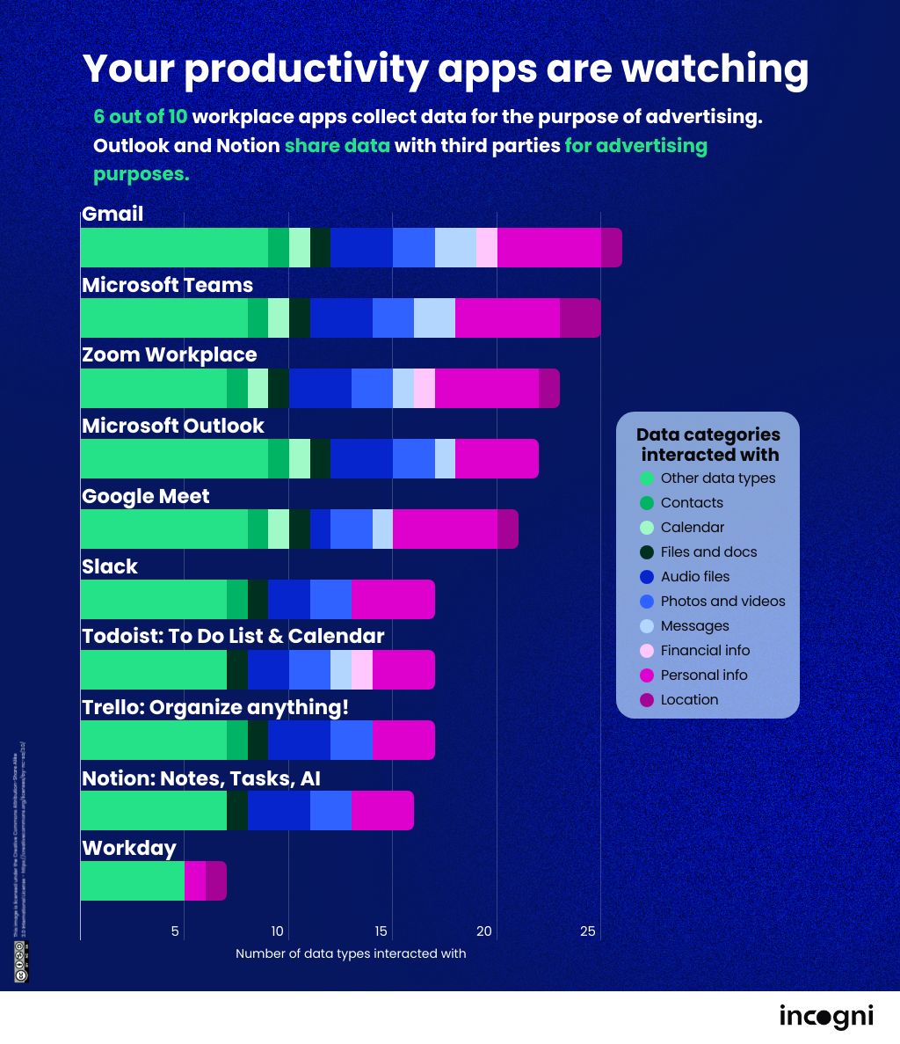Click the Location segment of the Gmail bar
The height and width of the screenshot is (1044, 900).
click(x=612, y=247)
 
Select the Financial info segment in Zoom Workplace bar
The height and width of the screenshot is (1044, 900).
click(x=425, y=388)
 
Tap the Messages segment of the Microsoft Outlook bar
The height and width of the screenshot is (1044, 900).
click(x=445, y=458)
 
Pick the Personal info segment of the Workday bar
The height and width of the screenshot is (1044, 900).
click(x=195, y=880)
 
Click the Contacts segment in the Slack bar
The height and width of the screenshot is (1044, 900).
click(x=237, y=599)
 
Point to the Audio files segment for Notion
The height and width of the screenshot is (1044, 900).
click(x=279, y=810)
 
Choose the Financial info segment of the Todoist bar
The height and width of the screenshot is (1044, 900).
click(x=362, y=669)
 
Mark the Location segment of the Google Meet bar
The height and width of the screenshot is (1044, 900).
click(x=508, y=529)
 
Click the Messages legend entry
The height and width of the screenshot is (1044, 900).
click(x=694, y=625)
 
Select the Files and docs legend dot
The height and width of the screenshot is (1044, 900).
click(x=648, y=552)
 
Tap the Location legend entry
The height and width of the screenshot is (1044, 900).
click(x=689, y=699)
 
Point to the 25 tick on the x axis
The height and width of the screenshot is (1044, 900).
click(x=588, y=931)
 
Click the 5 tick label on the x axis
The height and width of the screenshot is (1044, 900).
click(x=176, y=931)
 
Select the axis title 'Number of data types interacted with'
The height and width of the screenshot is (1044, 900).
click(x=351, y=953)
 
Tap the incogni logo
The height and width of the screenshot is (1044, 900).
click(x=826, y=1017)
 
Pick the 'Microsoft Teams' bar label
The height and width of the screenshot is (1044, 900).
click(x=167, y=285)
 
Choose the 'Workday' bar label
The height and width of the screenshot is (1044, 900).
click(x=129, y=848)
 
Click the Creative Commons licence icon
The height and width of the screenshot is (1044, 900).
click(x=19, y=960)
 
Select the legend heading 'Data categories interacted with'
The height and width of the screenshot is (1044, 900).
click(x=708, y=444)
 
